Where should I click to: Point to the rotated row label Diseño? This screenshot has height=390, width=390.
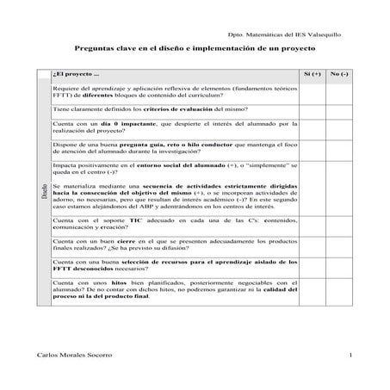click(x=44, y=195)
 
